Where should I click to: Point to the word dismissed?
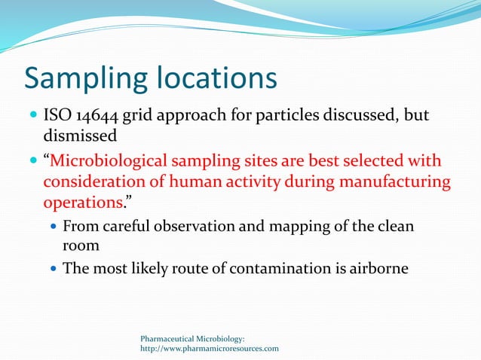pyautogui.click(x=80, y=137)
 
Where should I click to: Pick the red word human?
pyautogui.click(x=213, y=183)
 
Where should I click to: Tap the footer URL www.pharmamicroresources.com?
pyautogui.click(x=210, y=349)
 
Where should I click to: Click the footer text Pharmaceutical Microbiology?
pyautogui.click(x=192, y=339)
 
